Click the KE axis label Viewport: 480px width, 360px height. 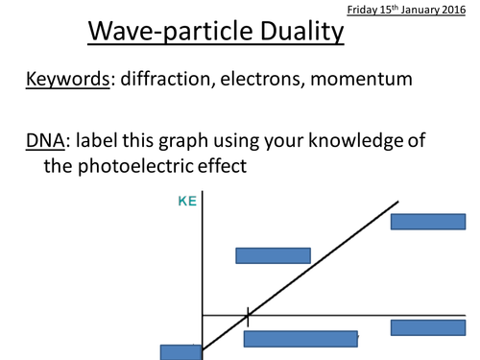click(x=186, y=203)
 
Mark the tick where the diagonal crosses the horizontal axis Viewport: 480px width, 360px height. click(x=248, y=315)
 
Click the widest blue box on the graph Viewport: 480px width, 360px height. click(x=300, y=338)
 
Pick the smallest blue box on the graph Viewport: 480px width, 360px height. click(x=180, y=351)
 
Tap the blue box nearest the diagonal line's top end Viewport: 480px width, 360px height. click(x=428, y=222)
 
